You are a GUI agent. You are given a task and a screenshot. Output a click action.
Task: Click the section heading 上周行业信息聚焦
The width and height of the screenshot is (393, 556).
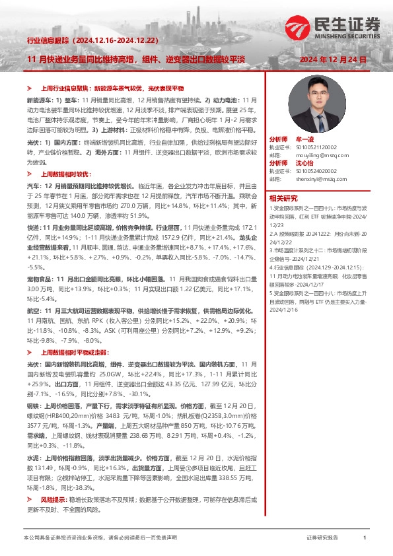click(65, 88)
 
